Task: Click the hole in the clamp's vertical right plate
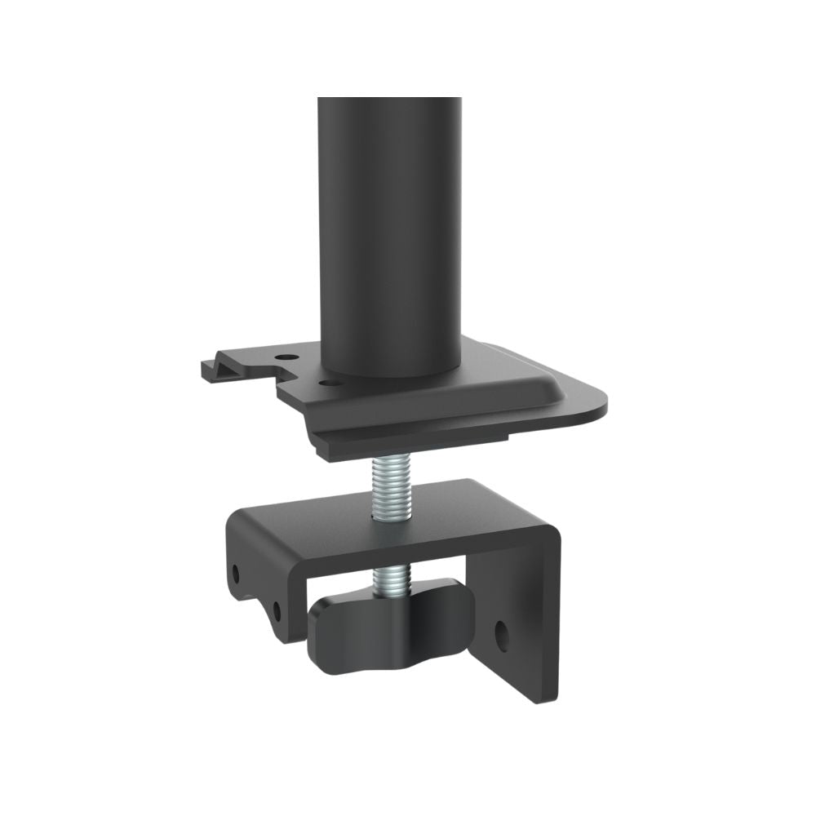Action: pos(503,633)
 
